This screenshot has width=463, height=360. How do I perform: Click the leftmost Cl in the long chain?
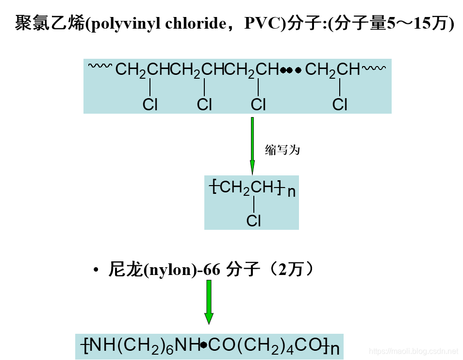150,104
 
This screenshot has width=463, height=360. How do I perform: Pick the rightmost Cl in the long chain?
340,104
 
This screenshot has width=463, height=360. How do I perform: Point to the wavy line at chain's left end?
100,67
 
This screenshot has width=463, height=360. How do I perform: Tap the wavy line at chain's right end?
374,68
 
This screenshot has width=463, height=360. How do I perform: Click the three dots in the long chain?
291,70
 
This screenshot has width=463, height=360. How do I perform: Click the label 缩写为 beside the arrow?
282,150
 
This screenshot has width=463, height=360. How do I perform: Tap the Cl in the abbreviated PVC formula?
254,221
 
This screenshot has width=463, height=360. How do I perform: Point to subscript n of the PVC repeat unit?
291,192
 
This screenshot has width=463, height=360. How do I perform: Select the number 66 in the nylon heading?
212,270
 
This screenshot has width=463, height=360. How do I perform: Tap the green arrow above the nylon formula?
209,301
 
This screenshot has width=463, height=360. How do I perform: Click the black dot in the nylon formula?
204,345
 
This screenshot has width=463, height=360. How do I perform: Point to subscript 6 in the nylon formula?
169,350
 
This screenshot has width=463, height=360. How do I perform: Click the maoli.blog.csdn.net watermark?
413,350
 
